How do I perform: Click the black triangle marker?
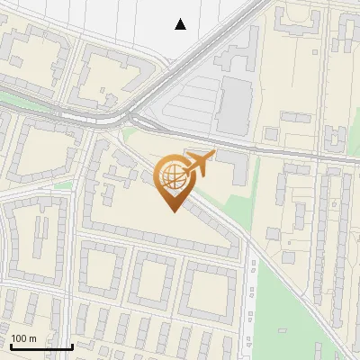tap(181, 24)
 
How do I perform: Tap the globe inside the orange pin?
tap(171, 175)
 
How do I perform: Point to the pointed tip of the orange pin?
tap(171, 211)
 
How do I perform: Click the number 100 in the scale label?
tap(20, 338)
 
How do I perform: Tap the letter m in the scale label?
tap(34, 338)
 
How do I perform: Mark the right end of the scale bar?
tap(72, 346)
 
